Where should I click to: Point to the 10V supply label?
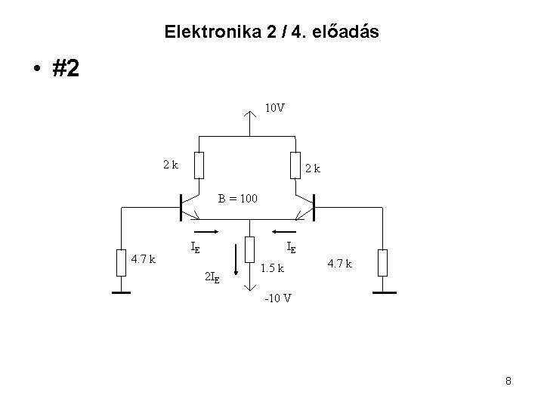click(274, 108)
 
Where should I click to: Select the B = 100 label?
click(238, 199)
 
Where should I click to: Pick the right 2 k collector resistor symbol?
click(294, 165)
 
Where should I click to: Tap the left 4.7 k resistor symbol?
click(121, 261)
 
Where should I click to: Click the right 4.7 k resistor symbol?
click(382, 261)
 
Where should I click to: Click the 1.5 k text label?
click(272, 267)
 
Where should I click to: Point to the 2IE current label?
click(213, 277)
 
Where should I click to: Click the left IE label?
click(195, 246)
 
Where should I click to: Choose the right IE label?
click(291, 246)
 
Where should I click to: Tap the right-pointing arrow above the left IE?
click(206, 232)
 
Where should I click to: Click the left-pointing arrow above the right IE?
click(285, 232)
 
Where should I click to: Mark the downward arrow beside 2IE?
click(236, 275)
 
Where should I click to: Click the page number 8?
click(508, 382)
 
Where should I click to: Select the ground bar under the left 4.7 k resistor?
click(121, 291)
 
